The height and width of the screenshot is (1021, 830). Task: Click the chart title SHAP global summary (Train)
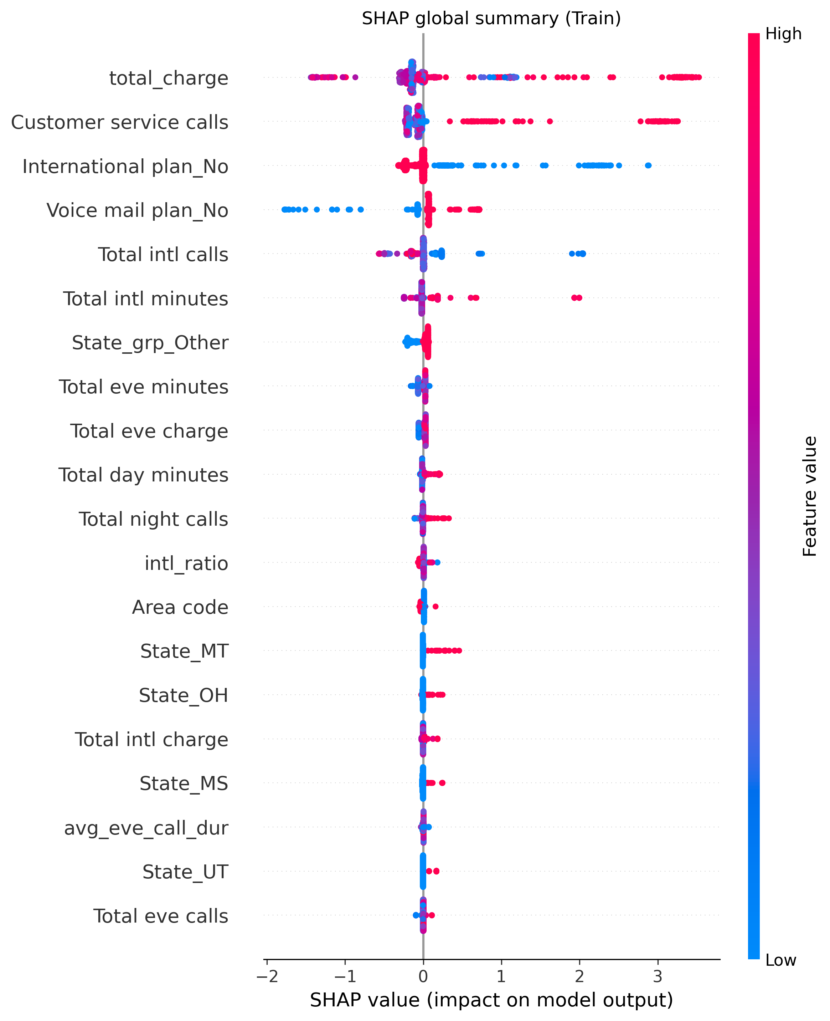tap(491, 18)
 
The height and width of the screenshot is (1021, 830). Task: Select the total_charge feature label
tap(169, 78)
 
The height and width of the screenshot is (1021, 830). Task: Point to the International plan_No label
tap(125, 167)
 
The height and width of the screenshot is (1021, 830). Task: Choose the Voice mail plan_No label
tap(137, 210)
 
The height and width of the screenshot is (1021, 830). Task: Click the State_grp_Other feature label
tap(150, 343)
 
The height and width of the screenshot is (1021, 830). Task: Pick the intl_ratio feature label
tap(186, 563)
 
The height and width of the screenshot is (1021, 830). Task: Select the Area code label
tap(180, 607)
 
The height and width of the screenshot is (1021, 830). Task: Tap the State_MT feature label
tap(184, 651)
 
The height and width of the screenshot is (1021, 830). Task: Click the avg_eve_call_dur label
tap(146, 828)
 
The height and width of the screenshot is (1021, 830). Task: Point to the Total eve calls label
tap(161, 916)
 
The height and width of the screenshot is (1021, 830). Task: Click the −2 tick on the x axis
tap(267, 976)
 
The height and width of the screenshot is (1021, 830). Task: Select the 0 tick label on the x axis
tap(423, 976)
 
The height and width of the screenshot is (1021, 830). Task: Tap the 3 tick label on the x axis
tap(658, 976)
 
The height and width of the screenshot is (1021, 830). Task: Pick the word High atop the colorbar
tap(783, 34)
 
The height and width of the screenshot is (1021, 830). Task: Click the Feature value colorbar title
tap(809, 496)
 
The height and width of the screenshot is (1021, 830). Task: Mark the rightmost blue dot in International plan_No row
tap(648, 165)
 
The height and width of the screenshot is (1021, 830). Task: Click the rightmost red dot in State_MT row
tap(459, 650)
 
